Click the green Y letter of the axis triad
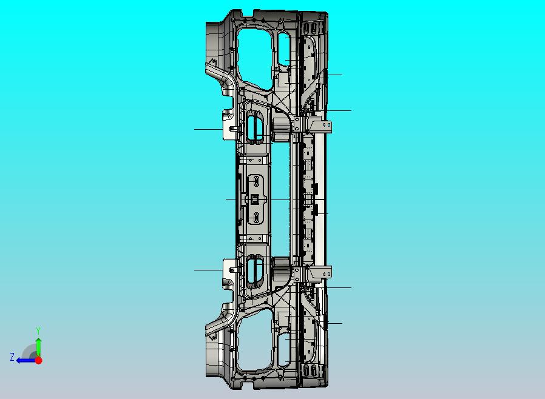(38, 330)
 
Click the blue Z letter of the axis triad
(12, 357)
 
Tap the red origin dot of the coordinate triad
(38, 360)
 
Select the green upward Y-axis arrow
(38, 346)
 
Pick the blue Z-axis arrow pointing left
(24, 360)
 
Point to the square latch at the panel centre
(256, 199)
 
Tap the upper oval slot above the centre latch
(256, 181)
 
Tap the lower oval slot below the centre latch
(256, 217)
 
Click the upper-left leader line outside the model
(208, 129)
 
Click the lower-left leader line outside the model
(208, 270)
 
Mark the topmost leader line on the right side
(334, 75)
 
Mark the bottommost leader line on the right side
(334, 323)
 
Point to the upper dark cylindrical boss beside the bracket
(280, 127)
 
